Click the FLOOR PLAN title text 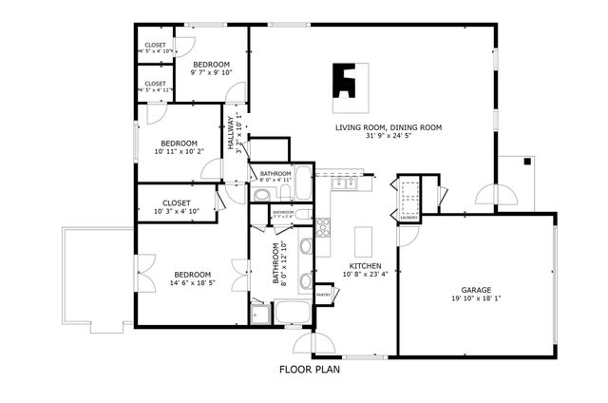(x=309, y=370)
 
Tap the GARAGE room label (x=475, y=289)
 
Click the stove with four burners (x=322, y=226)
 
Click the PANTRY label (x=323, y=295)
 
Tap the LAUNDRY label (x=409, y=218)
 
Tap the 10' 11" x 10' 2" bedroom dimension (x=179, y=151)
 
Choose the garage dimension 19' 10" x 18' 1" (x=475, y=298)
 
